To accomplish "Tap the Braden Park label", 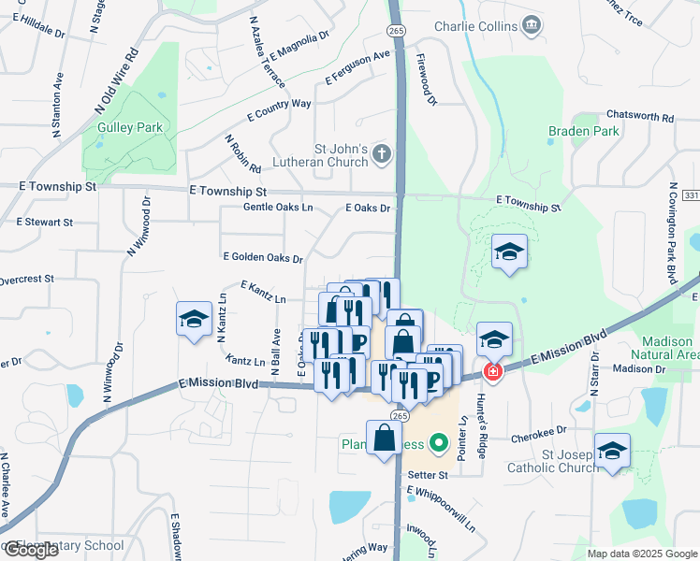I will pos(584,131).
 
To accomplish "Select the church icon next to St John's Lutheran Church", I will pos(382,153).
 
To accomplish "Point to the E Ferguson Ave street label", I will pos(357,68).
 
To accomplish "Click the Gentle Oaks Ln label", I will pos(278,208).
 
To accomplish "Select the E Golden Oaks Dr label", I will pos(263,257).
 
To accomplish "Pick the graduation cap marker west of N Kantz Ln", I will pos(194,319).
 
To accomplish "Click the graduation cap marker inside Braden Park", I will pos(510,252).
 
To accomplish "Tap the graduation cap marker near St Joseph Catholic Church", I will pos(612,453).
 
